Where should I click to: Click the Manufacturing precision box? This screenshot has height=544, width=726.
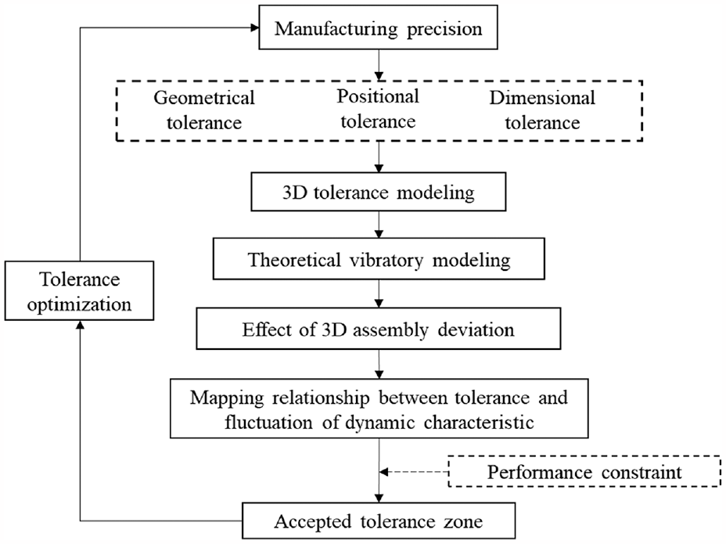tap(378, 27)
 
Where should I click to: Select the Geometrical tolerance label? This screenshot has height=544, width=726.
tap(204, 110)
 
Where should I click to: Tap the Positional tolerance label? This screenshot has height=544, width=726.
tap(378, 109)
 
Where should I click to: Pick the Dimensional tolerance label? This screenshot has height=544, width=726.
tap(542, 110)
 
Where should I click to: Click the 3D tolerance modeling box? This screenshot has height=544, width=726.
tap(379, 192)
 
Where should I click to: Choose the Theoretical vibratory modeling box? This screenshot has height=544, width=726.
tap(379, 259)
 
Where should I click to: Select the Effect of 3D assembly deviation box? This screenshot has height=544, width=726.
tap(379, 329)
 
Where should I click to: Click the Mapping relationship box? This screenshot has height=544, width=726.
tap(379, 409)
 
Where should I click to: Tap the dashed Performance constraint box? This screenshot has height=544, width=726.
tap(584, 472)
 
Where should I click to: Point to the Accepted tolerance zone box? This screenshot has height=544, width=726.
tap(379, 521)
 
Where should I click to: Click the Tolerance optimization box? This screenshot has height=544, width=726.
tap(79, 290)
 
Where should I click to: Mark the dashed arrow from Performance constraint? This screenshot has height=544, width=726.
tap(414, 472)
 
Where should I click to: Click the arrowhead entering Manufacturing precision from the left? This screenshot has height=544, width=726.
tap(255, 28)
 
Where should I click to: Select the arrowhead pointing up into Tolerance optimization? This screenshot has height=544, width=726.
tap(80, 325)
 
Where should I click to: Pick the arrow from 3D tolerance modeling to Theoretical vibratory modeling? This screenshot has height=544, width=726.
tap(379, 225)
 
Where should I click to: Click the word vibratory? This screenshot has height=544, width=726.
tap(386, 260)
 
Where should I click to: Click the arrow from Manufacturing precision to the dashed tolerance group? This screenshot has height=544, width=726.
tap(379, 65)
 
